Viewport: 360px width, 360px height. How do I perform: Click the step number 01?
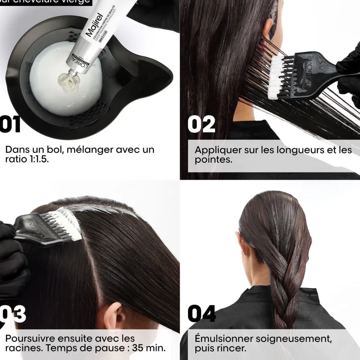click(x=10, y=125)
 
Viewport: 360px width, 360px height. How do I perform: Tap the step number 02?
click(x=201, y=125)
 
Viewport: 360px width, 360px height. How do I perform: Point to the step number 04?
click(x=201, y=314)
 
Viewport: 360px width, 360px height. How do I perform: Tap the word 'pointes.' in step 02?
click(x=213, y=160)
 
